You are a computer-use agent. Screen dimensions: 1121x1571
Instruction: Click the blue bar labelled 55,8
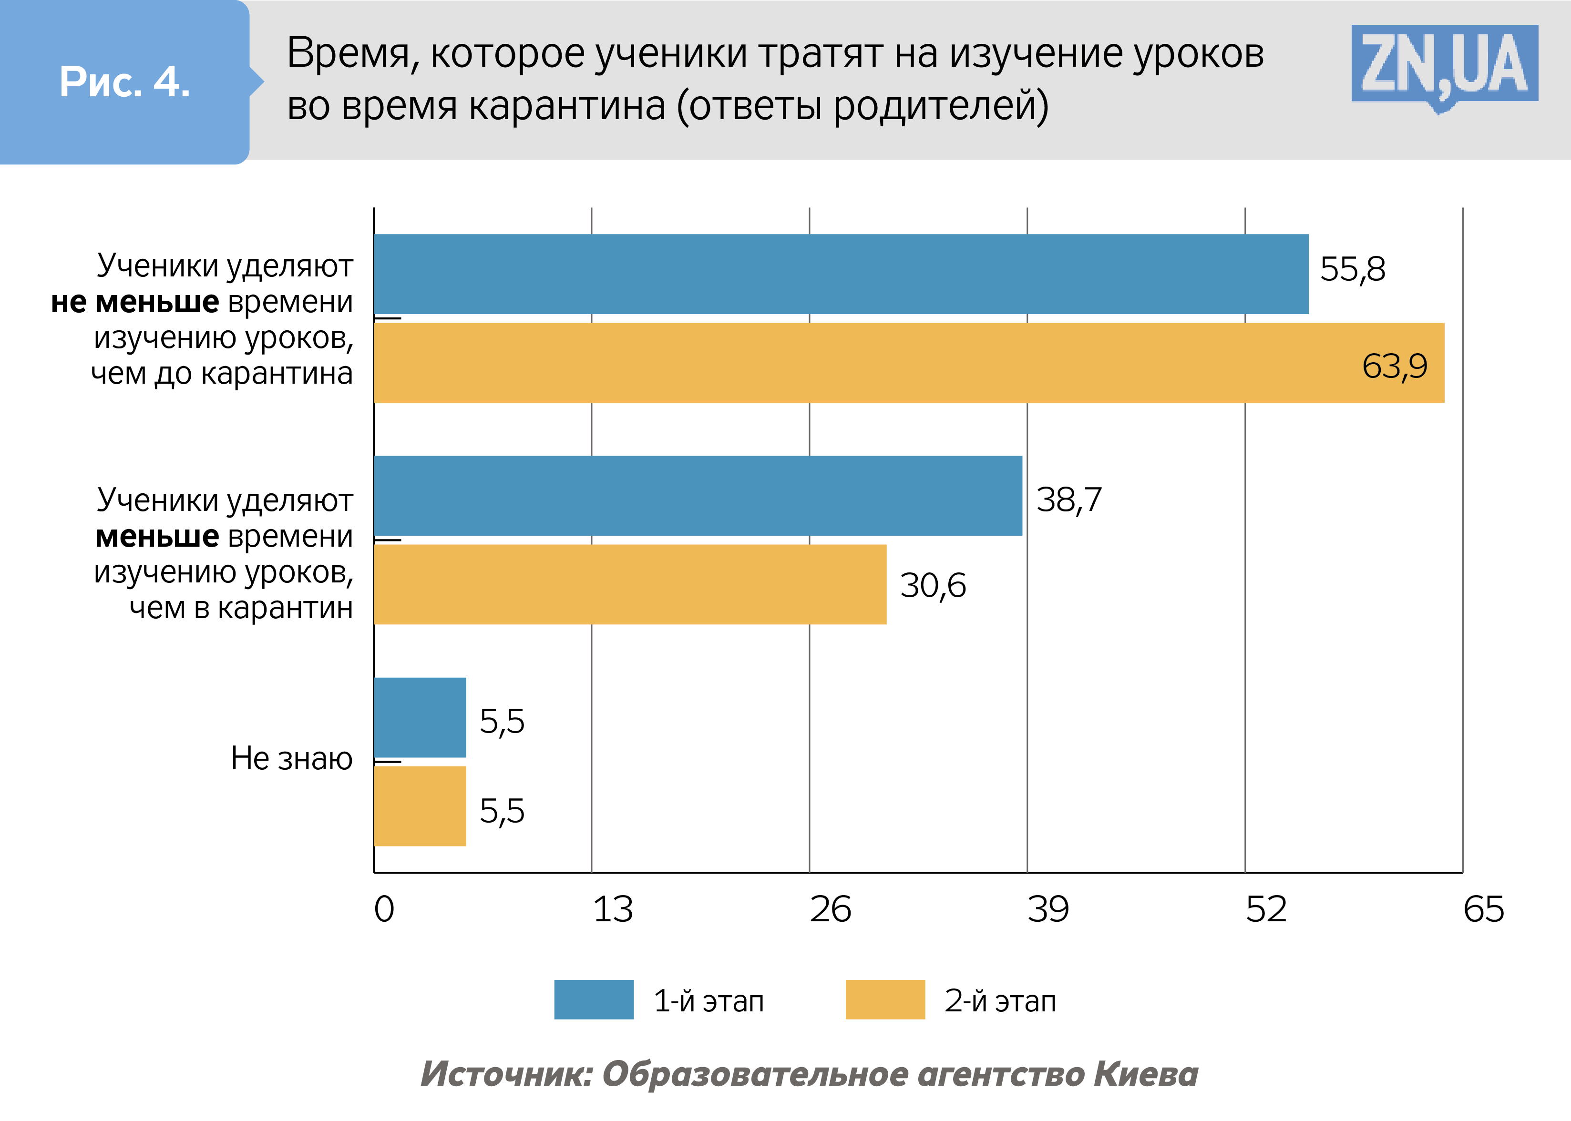click(841, 274)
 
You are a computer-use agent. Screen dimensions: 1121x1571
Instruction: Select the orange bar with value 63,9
click(908, 362)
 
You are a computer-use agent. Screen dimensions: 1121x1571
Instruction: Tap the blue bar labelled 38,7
click(698, 496)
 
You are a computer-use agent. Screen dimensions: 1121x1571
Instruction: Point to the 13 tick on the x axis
click(613, 909)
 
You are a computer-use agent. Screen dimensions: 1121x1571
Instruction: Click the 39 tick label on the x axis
click(1047, 909)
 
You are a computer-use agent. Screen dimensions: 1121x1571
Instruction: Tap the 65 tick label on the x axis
click(1483, 909)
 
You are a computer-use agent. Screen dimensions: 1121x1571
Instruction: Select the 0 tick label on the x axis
click(384, 909)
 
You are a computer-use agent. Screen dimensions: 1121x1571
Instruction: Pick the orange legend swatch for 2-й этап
click(884, 999)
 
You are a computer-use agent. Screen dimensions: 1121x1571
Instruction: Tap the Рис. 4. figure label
click(124, 82)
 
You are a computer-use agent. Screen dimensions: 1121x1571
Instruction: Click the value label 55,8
click(1352, 268)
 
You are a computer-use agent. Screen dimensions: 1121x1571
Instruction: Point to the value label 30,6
click(932, 585)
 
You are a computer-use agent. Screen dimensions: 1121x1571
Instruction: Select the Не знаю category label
click(291, 758)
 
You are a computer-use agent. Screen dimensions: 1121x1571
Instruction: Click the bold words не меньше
click(135, 302)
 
